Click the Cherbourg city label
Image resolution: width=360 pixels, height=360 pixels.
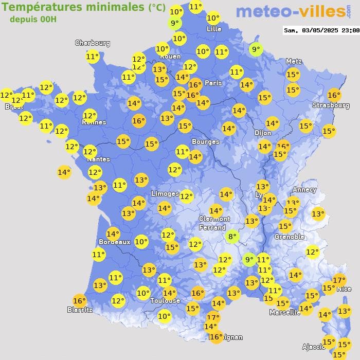point(93,43)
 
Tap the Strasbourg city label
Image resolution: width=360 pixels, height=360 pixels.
point(331,105)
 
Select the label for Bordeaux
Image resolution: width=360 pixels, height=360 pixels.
point(114,242)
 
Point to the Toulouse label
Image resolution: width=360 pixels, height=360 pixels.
point(165,300)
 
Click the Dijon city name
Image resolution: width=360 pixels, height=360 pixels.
point(262,133)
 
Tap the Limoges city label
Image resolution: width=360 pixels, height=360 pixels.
point(165,193)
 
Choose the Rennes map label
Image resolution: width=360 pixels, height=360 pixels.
point(94,122)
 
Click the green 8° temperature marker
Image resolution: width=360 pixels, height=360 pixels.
point(232,237)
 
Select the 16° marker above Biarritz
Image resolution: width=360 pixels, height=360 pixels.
point(79,301)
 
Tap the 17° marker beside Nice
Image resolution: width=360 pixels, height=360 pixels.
point(339,280)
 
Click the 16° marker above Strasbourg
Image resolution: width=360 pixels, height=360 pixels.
point(334,95)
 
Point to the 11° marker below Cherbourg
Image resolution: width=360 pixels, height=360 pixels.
point(93,57)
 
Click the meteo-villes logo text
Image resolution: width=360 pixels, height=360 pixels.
point(291,11)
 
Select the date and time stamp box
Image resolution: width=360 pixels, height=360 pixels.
point(321,30)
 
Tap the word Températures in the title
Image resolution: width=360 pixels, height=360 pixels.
point(38,7)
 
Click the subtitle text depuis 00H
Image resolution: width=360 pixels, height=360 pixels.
point(33,19)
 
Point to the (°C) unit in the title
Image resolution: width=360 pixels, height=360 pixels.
point(157,8)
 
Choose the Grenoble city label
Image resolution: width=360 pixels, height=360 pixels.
point(289,237)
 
